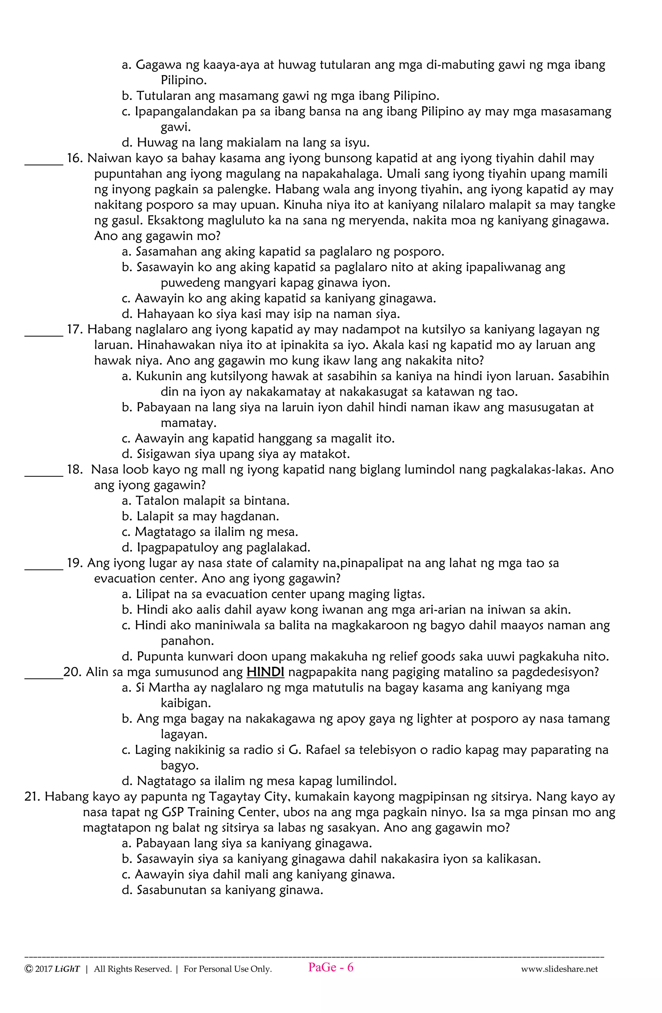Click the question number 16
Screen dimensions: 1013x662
coord(74,158)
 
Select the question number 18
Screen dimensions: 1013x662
coord(74,470)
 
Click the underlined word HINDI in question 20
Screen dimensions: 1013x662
coord(265,672)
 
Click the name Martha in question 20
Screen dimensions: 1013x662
coord(169,688)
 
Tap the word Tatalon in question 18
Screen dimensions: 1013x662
coord(156,501)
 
